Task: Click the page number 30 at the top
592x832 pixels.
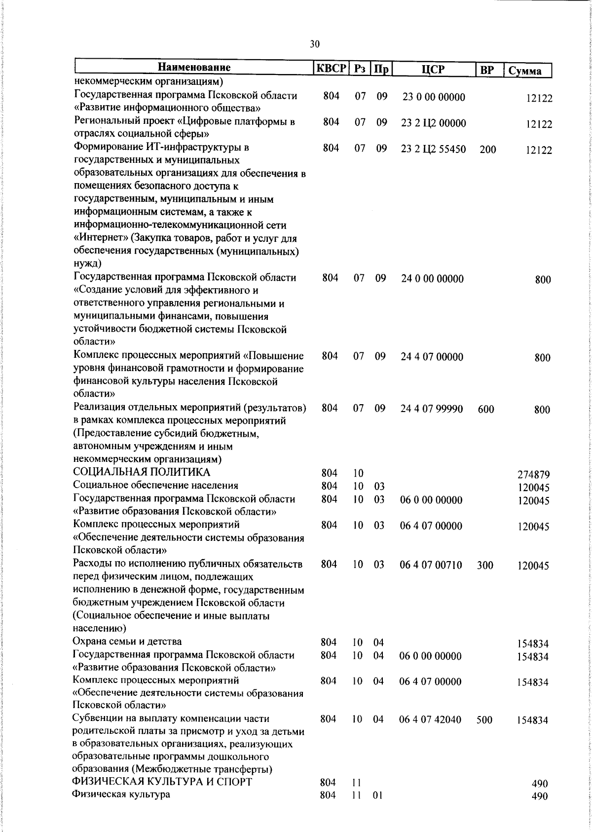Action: click(x=315, y=44)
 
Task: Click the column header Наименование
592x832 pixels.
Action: click(x=194, y=68)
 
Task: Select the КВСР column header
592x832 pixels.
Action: click(x=331, y=68)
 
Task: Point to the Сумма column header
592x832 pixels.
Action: click(x=527, y=71)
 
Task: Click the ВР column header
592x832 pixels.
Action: click(x=487, y=70)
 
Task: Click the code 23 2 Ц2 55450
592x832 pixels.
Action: click(x=433, y=149)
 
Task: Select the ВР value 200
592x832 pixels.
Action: click(x=487, y=150)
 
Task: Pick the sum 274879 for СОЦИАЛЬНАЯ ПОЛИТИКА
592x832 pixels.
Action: click(x=533, y=475)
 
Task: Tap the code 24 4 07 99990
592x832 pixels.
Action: click(x=431, y=409)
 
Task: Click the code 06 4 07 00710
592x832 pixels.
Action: click(x=431, y=565)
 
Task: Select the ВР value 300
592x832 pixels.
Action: click(x=485, y=566)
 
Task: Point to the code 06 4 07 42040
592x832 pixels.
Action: click(x=430, y=720)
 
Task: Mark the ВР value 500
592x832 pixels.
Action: click(x=484, y=720)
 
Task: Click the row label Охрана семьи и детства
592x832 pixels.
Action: click(x=127, y=642)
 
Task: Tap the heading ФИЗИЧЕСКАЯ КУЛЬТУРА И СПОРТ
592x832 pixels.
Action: click(x=162, y=782)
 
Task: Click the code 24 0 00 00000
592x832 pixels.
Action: click(x=432, y=279)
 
